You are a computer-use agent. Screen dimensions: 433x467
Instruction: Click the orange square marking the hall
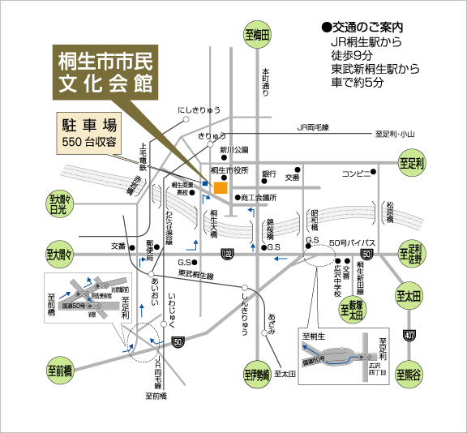221,188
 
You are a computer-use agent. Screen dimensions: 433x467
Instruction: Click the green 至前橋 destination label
59,371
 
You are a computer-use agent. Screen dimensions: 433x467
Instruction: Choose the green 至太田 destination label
410,298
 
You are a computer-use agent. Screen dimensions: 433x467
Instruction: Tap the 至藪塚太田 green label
353,307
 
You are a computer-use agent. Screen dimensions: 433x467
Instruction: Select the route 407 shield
411,334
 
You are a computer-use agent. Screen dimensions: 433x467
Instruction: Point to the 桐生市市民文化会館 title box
106,72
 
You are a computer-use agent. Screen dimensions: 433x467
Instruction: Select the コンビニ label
355,173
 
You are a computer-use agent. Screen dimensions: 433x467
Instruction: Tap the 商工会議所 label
258,197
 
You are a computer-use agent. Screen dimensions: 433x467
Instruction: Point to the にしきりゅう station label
199,109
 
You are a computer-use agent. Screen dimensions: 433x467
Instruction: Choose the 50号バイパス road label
354,242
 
